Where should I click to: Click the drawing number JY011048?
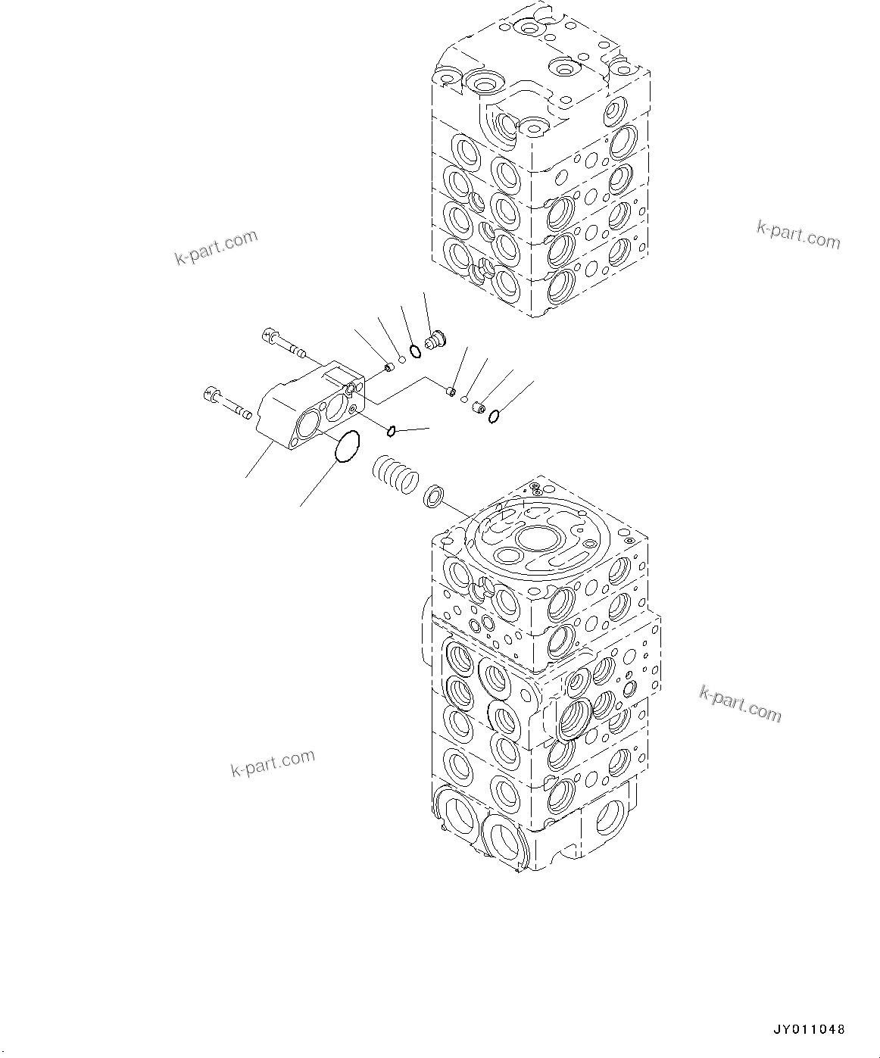pos(808,1030)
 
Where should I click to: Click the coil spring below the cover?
pos(395,475)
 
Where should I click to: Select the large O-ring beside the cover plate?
pos(348,447)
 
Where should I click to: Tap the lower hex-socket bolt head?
pos(211,394)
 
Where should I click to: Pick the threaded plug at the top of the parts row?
pos(435,339)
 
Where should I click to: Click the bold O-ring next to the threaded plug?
pos(415,350)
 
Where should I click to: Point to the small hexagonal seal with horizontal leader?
pos(392,431)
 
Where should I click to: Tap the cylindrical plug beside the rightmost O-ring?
pos(478,408)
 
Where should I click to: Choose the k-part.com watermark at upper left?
pos(217,248)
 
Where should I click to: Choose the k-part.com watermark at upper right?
pos(798,235)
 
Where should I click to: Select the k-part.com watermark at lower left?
pos(272,763)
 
